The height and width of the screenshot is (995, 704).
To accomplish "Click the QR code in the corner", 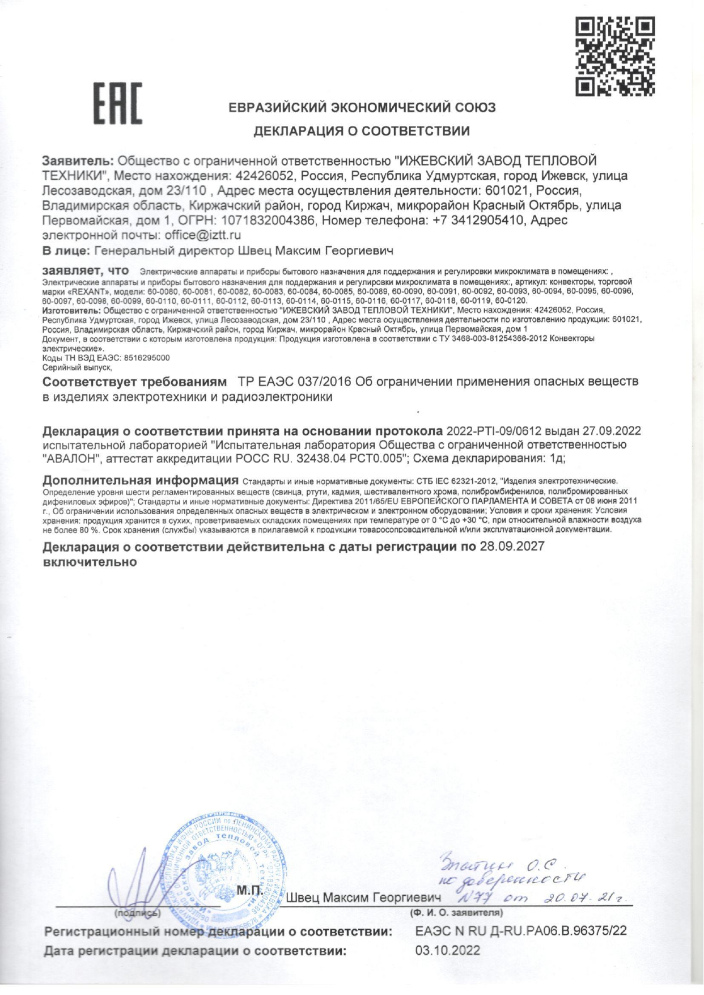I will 616,56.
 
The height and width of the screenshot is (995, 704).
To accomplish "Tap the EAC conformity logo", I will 118,104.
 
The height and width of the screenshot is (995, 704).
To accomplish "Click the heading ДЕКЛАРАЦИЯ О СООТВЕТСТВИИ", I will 361,132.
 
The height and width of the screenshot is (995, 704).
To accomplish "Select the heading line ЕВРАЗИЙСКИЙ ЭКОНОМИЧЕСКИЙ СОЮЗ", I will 362,108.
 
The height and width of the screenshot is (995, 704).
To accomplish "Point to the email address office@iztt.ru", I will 203,235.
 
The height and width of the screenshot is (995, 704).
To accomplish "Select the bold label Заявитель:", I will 78,161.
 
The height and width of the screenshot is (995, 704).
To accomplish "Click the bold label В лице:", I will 66,250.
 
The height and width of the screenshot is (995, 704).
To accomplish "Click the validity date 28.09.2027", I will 512,547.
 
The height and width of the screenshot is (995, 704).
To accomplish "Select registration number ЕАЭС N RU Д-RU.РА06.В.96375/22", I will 521,931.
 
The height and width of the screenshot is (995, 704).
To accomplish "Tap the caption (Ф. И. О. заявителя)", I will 456,913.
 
